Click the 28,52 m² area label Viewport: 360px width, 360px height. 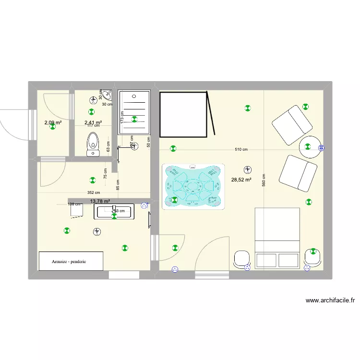tap(241, 180)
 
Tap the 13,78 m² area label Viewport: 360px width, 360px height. tap(100, 202)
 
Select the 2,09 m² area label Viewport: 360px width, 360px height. tap(53, 123)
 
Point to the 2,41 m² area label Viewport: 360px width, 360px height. tap(93, 123)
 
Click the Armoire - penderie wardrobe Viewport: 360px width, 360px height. tap(71, 261)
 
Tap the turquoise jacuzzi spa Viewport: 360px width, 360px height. tap(193, 186)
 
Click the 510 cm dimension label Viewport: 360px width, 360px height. tap(241, 149)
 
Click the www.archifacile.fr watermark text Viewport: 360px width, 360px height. tap(331, 301)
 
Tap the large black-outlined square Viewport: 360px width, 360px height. tap(183, 114)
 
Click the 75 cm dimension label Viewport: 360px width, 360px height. tap(106, 173)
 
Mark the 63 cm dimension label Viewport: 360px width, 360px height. tap(108, 146)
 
